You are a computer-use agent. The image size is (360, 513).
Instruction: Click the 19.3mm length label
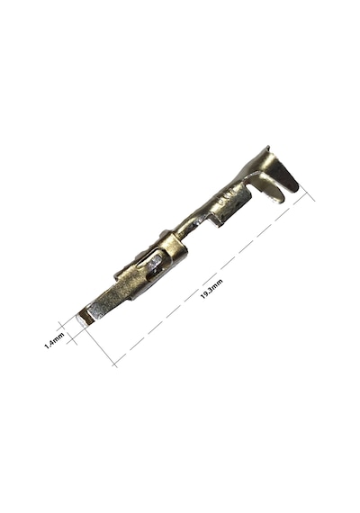coord(211,289)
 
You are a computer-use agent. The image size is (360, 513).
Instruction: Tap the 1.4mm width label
coord(54,340)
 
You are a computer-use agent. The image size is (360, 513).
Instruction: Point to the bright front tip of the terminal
coord(84,319)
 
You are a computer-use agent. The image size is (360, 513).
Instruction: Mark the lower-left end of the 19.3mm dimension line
coord(114,364)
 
